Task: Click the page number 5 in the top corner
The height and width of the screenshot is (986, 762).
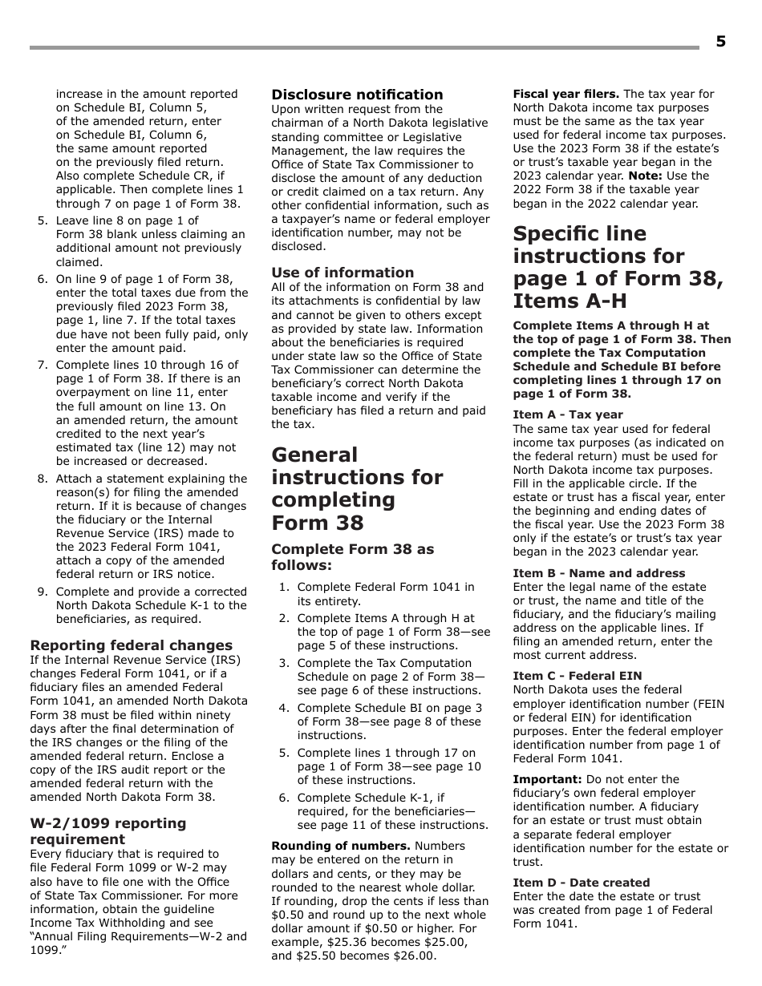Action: [x=720, y=42]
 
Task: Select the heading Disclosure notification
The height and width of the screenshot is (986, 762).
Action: [x=357, y=95]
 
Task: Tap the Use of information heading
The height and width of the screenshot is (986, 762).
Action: [x=342, y=273]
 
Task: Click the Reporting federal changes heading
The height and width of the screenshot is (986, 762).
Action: [x=131, y=645]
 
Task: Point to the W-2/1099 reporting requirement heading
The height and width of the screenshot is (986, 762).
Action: [x=107, y=831]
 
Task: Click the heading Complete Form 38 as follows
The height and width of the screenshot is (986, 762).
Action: [x=352, y=557]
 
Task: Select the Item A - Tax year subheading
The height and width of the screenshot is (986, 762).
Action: [x=567, y=414]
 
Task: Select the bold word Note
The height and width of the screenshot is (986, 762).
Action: [x=645, y=176]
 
